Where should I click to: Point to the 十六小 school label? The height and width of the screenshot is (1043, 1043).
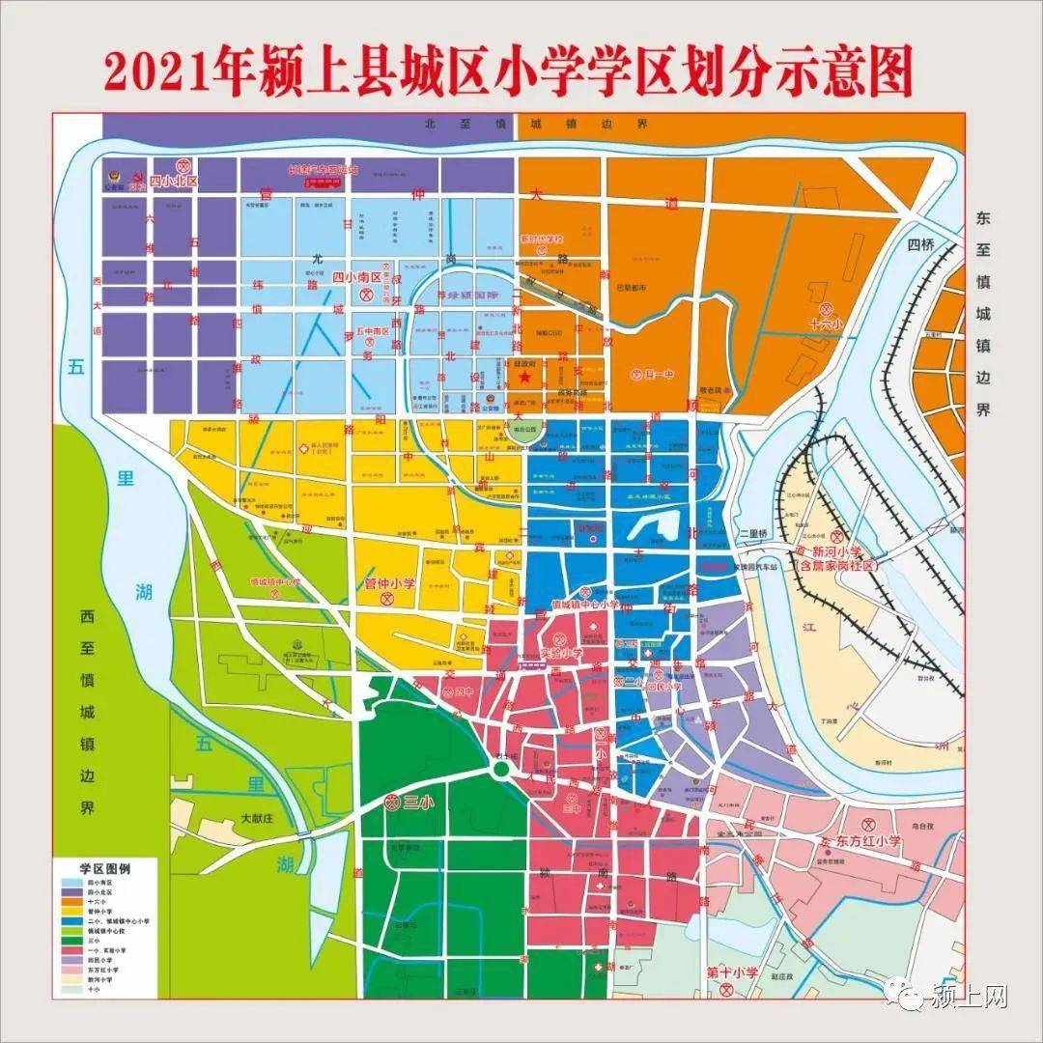point(826,324)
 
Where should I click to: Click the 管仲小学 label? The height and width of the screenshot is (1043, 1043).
point(389,583)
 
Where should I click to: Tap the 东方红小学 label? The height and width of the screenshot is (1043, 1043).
point(868,841)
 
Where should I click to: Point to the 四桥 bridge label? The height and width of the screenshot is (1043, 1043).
point(921,244)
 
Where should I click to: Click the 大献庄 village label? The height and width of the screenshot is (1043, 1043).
point(260,818)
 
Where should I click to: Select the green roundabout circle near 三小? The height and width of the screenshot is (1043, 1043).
point(500,769)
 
